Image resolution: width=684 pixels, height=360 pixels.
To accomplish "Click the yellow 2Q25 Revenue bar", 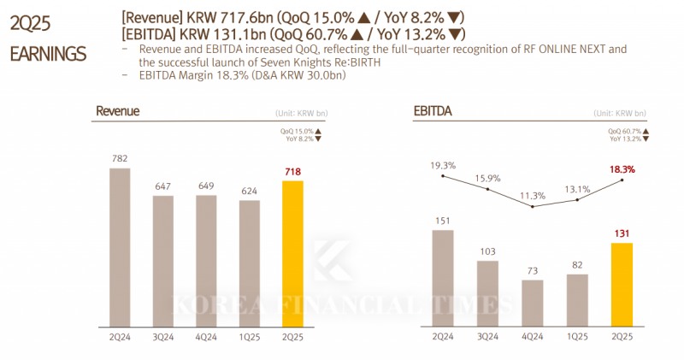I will pyautogui.click(x=292, y=254).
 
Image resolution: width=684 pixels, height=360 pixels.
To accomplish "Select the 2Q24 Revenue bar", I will pyautogui.click(x=120, y=248).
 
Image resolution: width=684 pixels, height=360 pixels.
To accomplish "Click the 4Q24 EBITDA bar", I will pyautogui.click(x=532, y=303).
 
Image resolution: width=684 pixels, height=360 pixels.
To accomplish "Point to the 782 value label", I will pyautogui.click(x=120, y=158).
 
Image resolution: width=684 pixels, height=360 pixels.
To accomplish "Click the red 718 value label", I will pyautogui.click(x=292, y=172).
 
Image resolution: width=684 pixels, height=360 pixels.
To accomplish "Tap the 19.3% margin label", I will pyautogui.click(x=442, y=165).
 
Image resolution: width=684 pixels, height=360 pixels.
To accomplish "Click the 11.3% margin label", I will pyautogui.click(x=532, y=196).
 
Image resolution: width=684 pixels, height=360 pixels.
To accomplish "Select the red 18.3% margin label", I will pyautogui.click(x=622, y=169).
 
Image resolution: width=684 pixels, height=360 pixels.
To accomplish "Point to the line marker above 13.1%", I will pyautogui.click(x=578, y=200).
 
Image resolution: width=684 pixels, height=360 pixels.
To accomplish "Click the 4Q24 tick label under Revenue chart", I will pyautogui.click(x=206, y=337).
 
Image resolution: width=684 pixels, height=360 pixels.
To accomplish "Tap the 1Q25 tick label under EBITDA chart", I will pyautogui.click(x=577, y=337).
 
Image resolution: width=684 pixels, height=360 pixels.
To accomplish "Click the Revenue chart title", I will pyautogui.click(x=117, y=111).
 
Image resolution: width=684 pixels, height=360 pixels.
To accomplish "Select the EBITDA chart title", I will pyautogui.click(x=433, y=111).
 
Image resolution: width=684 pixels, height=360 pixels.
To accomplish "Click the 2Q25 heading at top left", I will pyautogui.click(x=27, y=25).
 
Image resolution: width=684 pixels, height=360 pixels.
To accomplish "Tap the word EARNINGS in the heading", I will pyautogui.click(x=48, y=54).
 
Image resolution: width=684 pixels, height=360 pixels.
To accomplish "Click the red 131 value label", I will pyautogui.click(x=622, y=233).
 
